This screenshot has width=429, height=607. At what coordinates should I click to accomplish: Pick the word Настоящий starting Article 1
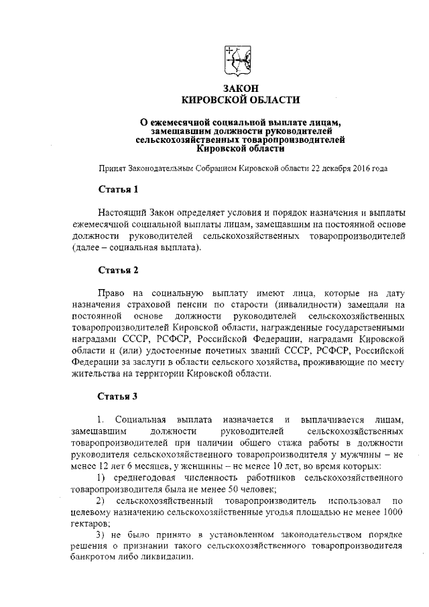click(121, 213)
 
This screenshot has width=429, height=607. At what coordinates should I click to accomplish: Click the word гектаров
click(89, 522)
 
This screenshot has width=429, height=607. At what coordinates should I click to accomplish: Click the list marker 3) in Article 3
click(101, 534)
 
